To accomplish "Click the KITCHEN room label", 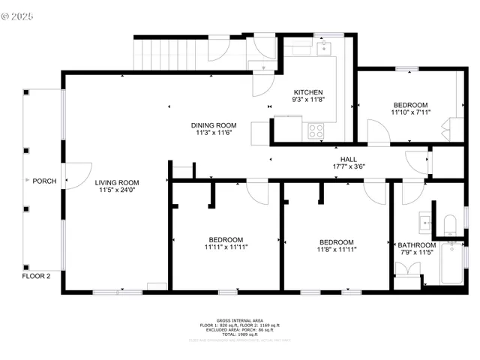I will [x=307, y=91].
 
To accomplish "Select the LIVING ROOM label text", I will [x=117, y=182].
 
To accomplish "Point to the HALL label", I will [x=349, y=159].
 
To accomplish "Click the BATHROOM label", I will [x=416, y=245].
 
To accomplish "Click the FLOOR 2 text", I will [x=36, y=276].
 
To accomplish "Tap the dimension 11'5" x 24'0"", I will [x=117, y=190].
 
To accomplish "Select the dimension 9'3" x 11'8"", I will [x=307, y=99].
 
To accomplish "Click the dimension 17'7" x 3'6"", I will [x=349, y=166].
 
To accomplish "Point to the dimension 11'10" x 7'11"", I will [x=410, y=112].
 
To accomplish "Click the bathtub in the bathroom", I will [x=451, y=263].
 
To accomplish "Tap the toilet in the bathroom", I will [x=450, y=224].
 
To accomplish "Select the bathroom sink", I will [x=425, y=223].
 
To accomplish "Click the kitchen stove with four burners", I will [x=316, y=129].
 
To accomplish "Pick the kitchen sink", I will [x=325, y=49].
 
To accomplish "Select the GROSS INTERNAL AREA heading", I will [x=239, y=319].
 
